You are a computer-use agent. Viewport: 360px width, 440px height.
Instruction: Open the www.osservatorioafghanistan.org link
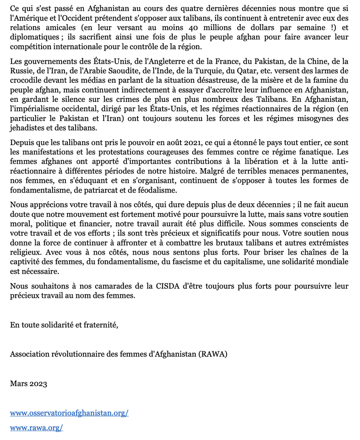tap(69, 412)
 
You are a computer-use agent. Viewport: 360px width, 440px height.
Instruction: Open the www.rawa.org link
tap(37, 428)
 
